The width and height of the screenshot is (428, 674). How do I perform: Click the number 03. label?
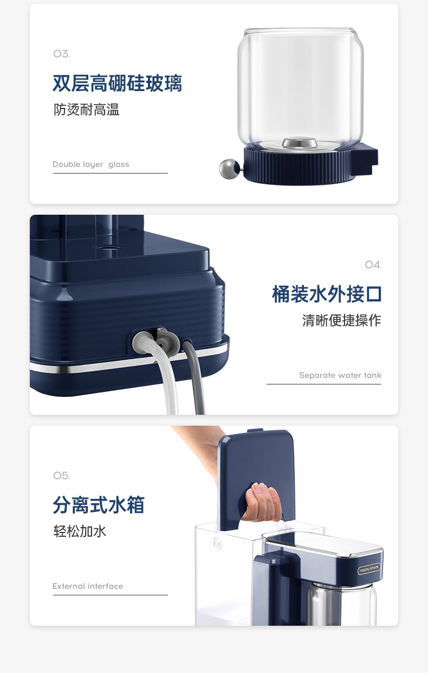[x=62, y=54]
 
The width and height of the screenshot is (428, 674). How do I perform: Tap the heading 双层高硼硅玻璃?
[x=117, y=83]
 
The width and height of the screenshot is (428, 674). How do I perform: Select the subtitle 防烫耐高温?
[x=87, y=110]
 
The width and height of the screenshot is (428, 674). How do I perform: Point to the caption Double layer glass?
[x=91, y=164]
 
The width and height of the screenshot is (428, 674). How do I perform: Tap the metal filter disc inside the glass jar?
[x=300, y=143]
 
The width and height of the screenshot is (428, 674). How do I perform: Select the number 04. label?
[x=373, y=265]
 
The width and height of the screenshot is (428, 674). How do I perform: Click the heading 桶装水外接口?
[x=327, y=294]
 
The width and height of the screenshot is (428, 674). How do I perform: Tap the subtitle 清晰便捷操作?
[x=341, y=320]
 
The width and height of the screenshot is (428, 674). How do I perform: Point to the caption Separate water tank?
[x=340, y=375]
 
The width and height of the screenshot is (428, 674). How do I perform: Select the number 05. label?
[x=62, y=476]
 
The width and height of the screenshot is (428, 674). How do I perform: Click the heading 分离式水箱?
[x=99, y=505]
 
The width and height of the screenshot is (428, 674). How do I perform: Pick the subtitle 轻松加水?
[x=80, y=531]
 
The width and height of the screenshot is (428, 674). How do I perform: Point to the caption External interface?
[x=88, y=586]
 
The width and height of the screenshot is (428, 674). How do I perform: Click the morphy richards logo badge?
[x=369, y=569]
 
